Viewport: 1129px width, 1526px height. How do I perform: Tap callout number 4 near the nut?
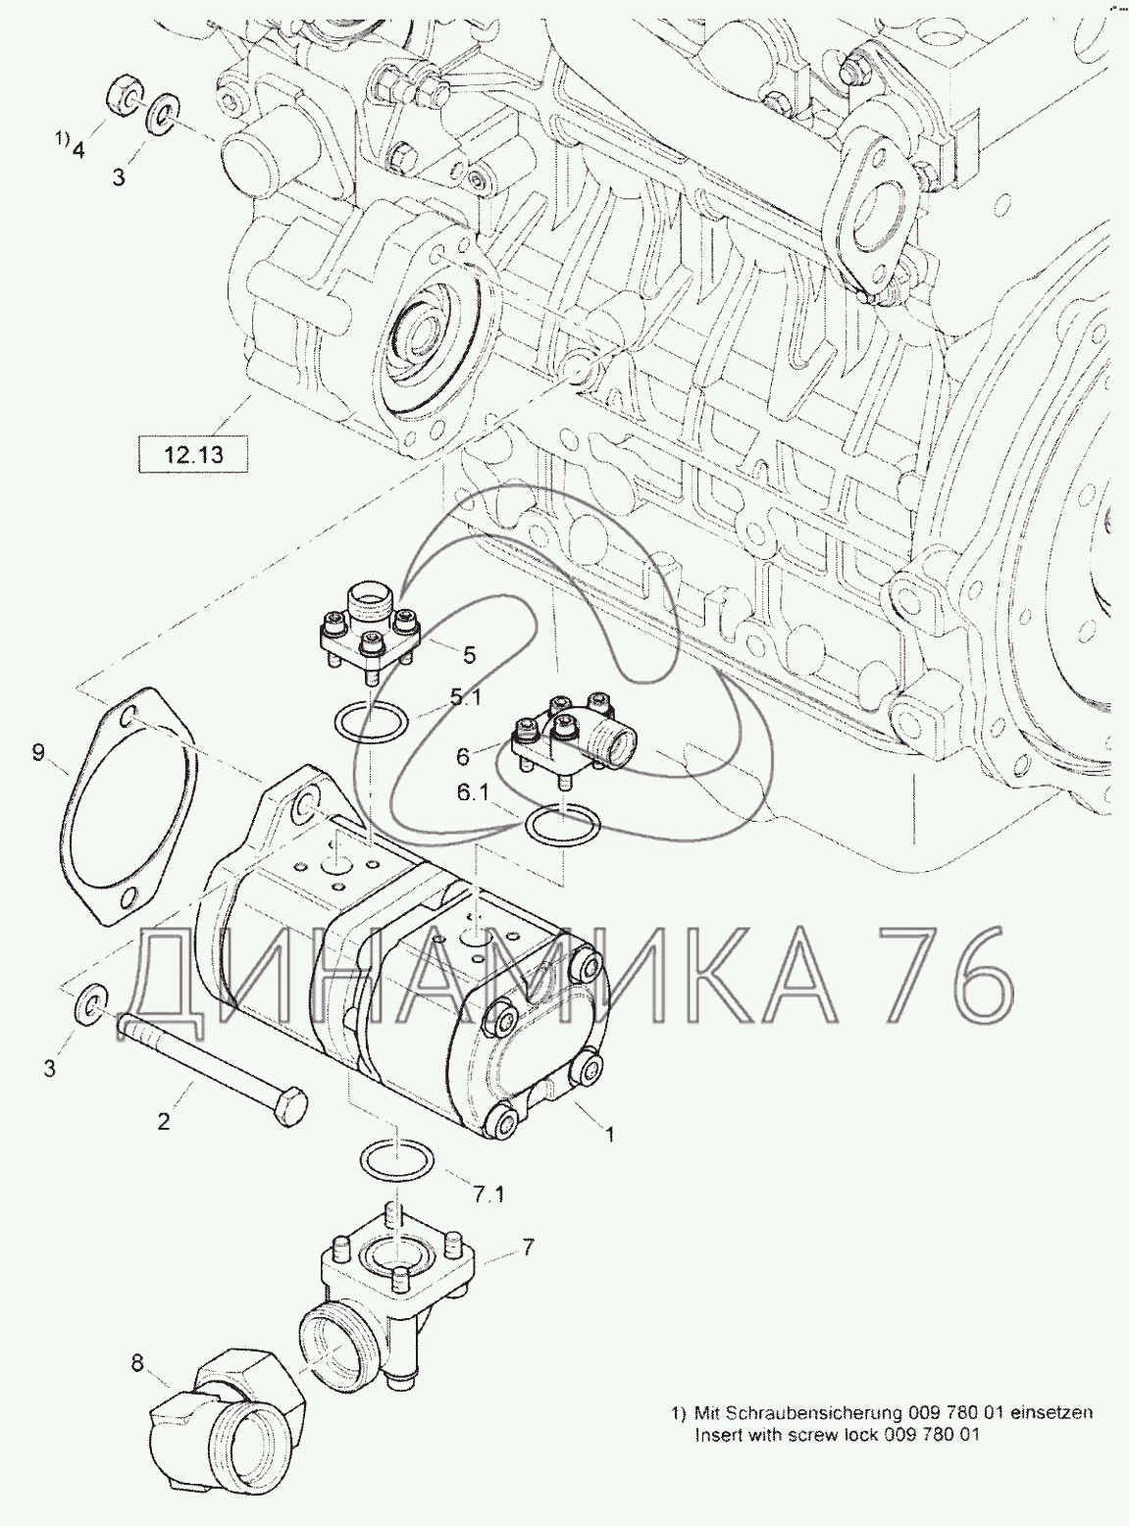(78, 149)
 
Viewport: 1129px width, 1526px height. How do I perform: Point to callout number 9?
(37, 752)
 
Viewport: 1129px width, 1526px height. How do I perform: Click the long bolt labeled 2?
(213, 1071)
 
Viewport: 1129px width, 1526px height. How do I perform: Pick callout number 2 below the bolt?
(163, 1121)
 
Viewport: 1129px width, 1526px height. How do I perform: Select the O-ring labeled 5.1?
(371, 722)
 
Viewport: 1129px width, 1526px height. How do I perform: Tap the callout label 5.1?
(465, 698)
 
